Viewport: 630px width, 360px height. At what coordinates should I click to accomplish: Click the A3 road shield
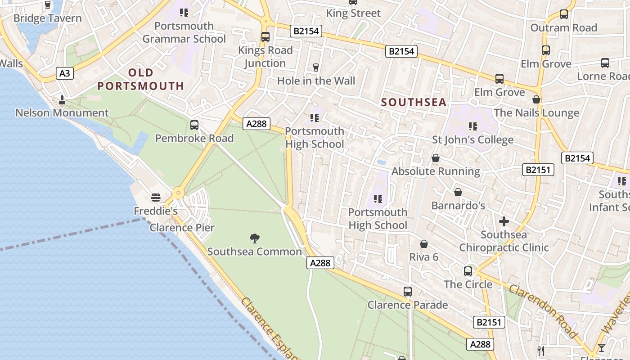[65, 73]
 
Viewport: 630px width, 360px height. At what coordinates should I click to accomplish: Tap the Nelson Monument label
[62, 112]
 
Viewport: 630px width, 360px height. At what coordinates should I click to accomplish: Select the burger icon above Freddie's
[156, 197]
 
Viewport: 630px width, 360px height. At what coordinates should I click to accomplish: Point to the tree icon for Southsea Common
[255, 238]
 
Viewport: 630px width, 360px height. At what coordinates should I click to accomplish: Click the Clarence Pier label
[182, 228]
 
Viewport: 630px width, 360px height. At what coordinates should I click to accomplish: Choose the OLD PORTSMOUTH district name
[141, 79]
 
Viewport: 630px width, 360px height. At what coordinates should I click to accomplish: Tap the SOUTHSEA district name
[414, 103]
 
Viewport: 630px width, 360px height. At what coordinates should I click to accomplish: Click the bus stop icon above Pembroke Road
[194, 125]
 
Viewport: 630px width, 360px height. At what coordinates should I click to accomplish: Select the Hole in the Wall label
[316, 81]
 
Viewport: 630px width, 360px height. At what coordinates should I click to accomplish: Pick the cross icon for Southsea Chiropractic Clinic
[504, 221]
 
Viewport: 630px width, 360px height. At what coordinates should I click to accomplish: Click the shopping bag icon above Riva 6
[423, 244]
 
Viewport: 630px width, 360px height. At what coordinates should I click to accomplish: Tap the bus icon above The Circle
[468, 271]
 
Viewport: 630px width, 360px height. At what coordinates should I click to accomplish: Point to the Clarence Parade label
[408, 305]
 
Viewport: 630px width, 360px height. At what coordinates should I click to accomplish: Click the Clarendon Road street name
[543, 310]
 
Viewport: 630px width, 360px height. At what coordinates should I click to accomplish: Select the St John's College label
[472, 139]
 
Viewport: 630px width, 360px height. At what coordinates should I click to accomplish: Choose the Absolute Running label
[436, 171]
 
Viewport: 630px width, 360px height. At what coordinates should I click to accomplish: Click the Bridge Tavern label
[48, 18]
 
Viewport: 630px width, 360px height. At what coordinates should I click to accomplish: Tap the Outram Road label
[563, 28]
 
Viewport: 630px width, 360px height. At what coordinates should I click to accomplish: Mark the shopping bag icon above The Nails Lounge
[536, 99]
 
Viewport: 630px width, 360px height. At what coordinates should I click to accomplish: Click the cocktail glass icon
[601, 348]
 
